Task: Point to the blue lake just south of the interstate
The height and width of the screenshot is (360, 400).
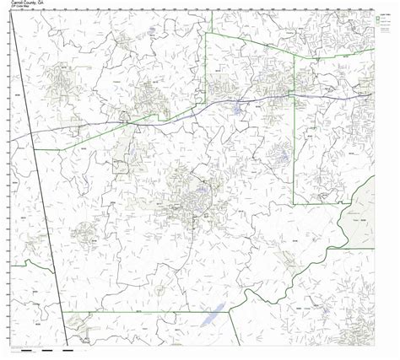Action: [235, 110]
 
